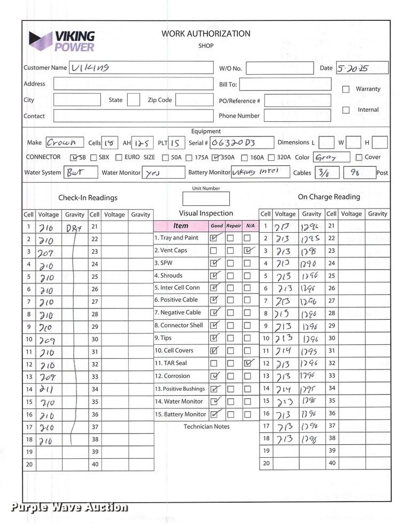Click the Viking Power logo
coord(61,41)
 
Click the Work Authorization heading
coord(206,34)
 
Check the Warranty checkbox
coord(346,89)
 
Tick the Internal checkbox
coord(346,110)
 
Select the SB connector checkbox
coord(74,158)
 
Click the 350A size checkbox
coord(215,158)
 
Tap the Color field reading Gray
coord(331,157)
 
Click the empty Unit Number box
coord(206,198)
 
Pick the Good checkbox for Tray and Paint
coord(214,238)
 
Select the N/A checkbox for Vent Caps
coord(247,250)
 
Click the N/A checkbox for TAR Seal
coord(247,363)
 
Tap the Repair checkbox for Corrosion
coord(231,376)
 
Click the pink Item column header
coord(181,226)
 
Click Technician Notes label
coord(206,427)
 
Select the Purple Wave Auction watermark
coord(69,507)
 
